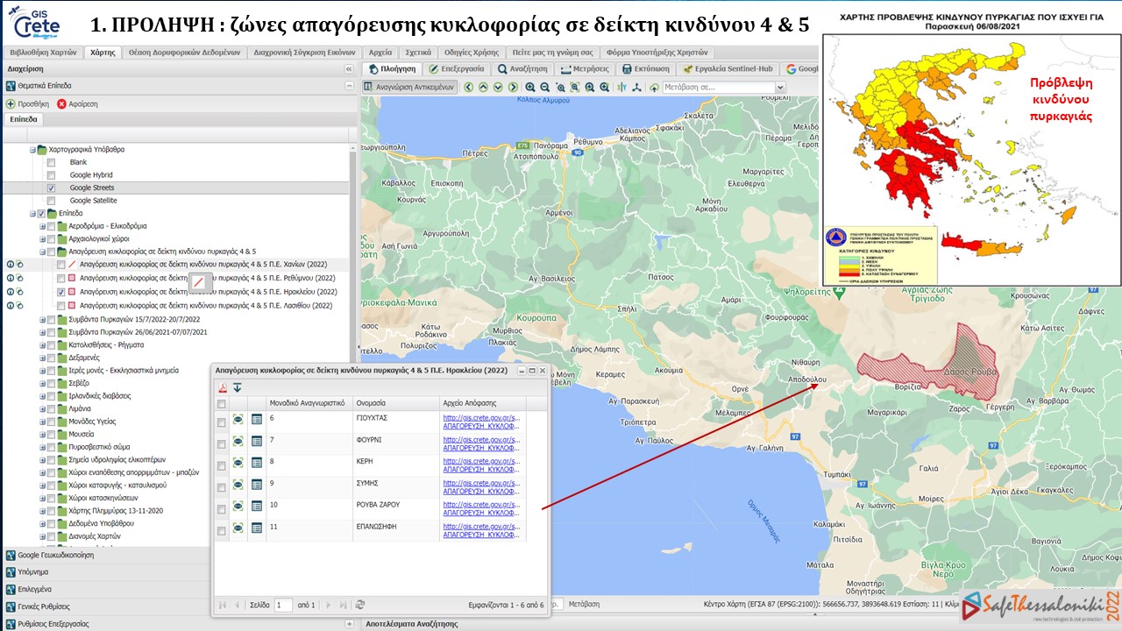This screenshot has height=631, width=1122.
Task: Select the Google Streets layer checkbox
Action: pyautogui.click(x=51, y=188)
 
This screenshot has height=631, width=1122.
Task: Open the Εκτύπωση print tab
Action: pyautogui.click(x=645, y=68)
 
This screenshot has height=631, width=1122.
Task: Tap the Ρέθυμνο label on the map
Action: pyautogui.click(x=589, y=141)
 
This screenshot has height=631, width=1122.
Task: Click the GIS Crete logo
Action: pyautogui.click(x=37, y=21)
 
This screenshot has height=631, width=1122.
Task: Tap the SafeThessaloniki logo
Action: pyautogui.click(x=1034, y=606)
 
